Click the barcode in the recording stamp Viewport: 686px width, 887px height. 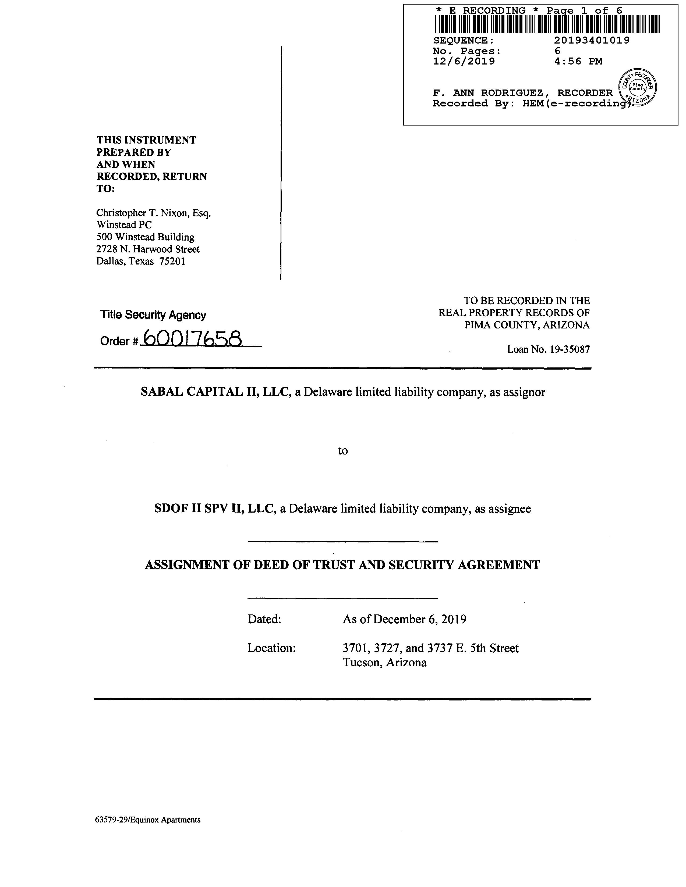pos(547,24)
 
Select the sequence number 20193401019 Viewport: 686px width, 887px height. pos(592,40)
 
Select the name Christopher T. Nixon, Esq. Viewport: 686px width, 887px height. pos(154,213)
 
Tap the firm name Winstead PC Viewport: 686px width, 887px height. pos(124,225)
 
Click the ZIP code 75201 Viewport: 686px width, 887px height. pos(172,261)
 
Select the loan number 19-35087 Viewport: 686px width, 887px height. pos(569,349)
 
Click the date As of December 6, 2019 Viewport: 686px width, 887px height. pos(404,619)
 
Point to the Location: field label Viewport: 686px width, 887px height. pos(271,648)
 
